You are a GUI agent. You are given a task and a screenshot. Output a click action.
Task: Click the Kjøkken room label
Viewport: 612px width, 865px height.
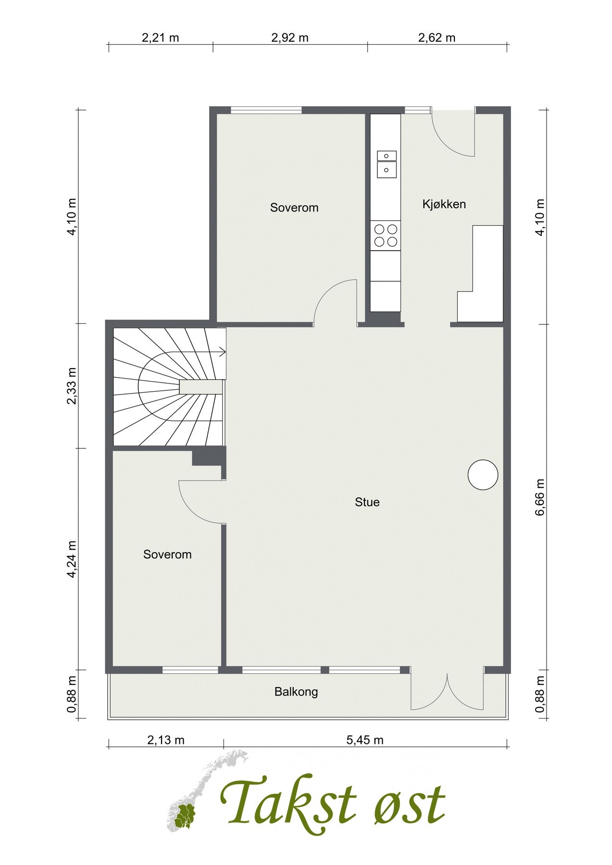coord(444,204)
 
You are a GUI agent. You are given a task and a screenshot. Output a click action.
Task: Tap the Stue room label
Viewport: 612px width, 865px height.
coord(367,502)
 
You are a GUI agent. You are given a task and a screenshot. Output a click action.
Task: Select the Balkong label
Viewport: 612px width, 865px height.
coord(296,692)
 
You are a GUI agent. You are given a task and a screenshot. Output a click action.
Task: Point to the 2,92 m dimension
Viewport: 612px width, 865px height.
coord(290,37)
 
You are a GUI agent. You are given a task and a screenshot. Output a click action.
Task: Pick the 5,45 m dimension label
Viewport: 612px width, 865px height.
coord(365,740)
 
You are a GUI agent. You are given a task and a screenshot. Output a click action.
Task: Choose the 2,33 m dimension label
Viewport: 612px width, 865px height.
coord(72,386)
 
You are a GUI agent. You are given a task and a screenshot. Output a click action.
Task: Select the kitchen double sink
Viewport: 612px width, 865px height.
coord(387,163)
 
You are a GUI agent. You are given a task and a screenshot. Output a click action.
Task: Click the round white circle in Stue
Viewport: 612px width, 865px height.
coord(483,475)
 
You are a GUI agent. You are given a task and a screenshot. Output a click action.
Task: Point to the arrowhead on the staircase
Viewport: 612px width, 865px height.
coord(223,352)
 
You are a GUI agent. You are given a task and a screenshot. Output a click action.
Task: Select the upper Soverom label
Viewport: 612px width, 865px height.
coord(294,208)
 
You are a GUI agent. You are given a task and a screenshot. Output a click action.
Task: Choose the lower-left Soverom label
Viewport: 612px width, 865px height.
coord(167,555)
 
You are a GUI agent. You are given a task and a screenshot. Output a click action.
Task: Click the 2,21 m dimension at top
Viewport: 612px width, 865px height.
coord(161,37)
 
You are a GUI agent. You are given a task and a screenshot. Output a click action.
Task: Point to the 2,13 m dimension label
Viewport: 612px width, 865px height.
coord(166,740)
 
